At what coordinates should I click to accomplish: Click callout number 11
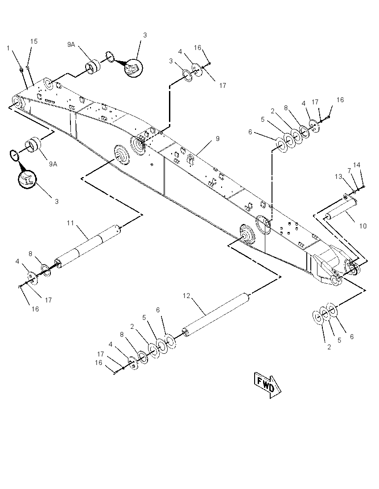point(70,223)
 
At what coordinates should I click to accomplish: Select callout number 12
point(186,296)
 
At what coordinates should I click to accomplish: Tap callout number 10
point(363,226)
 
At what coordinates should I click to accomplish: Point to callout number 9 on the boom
point(218,138)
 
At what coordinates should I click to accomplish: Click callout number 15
point(33,41)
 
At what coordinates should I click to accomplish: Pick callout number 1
point(8,48)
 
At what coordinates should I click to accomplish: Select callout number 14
point(357,165)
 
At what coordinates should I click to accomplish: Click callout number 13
point(338,177)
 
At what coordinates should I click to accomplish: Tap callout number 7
point(349,170)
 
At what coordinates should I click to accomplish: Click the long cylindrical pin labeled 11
point(87,246)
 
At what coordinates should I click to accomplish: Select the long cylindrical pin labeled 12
point(216,315)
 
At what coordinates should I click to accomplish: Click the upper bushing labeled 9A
point(93,67)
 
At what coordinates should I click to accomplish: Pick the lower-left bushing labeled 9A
point(33,145)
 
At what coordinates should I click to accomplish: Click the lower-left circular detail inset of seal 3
point(27,179)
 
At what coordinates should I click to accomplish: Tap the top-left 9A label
point(71,45)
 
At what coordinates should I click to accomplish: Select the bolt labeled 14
point(363,187)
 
